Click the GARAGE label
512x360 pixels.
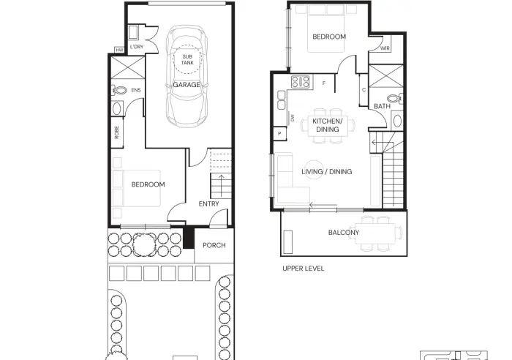pyautogui.click(x=187, y=85)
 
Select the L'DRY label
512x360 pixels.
pyautogui.click(x=137, y=47)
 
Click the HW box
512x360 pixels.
pyautogui.click(x=119, y=50)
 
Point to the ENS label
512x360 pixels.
pyautogui.click(x=136, y=90)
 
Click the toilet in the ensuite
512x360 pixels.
pyautogui.click(x=119, y=90)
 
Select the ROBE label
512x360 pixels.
pyautogui.click(x=117, y=132)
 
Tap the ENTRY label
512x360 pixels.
pyautogui.click(x=208, y=204)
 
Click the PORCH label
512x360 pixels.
pyautogui.click(x=214, y=245)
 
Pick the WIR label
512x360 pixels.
pyautogui.click(x=385, y=48)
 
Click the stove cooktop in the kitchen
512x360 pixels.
pyautogui.click(x=301, y=82)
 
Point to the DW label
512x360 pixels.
pyautogui.click(x=293, y=118)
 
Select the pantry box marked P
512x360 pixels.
pyautogui.click(x=279, y=133)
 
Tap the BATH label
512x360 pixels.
pyautogui.click(x=382, y=107)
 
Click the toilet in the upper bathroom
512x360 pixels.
pyautogui.click(x=395, y=98)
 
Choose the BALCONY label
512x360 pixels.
pyautogui.click(x=344, y=233)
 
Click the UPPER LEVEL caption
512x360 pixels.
pyautogui.click(x=304, y=269)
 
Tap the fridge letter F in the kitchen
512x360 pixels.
pyautogui.click(x=324, y=83)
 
